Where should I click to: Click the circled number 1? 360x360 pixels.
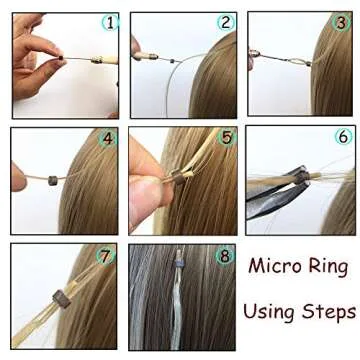click(109, 21)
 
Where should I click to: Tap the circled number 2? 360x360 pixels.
click(226, 21)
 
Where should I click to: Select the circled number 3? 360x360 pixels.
click(343, 21)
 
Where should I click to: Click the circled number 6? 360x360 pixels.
click(343, 137)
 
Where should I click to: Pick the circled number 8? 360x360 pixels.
click(226, 256)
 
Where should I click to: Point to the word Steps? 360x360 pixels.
click(331, 312)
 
